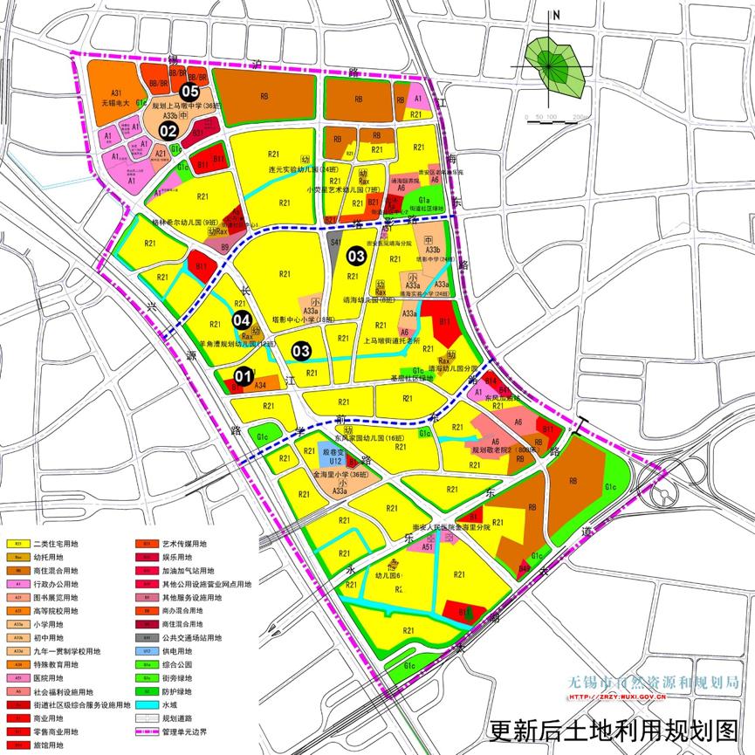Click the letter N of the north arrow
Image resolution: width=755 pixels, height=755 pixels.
point(556,15)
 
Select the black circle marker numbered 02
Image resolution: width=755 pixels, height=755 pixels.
point(168,131)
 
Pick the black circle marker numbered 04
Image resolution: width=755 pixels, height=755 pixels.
point(242,320)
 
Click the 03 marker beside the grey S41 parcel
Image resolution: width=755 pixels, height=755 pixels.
point(356,256)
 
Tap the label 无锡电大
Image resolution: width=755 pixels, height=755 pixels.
point(115,103)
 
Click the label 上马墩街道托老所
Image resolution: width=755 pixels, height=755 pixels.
point(392,340)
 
